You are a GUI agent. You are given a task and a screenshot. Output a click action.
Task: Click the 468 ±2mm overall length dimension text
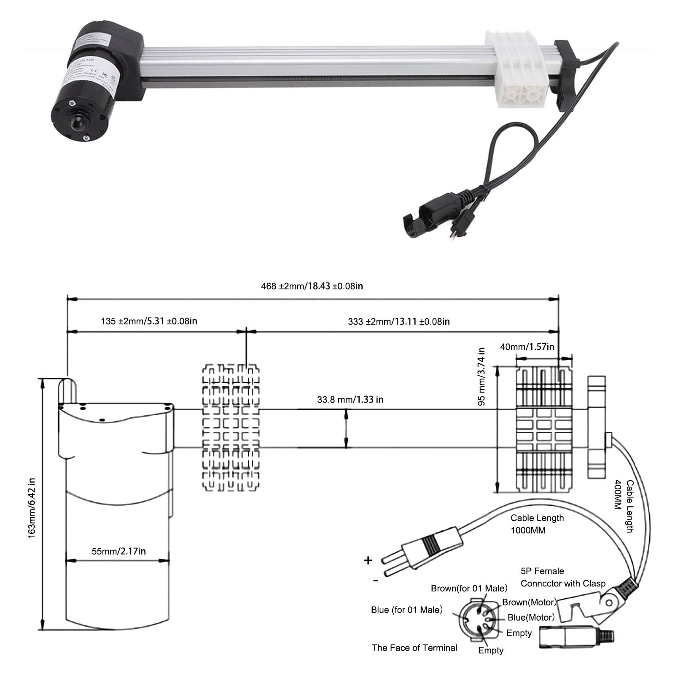[x=312, y=286]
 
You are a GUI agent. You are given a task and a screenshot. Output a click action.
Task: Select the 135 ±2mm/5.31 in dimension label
[x=149, y=321]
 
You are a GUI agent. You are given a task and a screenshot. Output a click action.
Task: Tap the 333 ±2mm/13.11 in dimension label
[x=398, y=322]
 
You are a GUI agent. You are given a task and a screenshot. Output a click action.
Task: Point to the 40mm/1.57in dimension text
[x=527, y=347]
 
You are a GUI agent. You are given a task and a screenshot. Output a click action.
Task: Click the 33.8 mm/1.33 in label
[x=350, y=399]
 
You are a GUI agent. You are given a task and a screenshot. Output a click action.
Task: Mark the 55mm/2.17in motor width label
[x=118, y=551]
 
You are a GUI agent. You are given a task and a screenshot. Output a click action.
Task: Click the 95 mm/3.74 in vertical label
[x=481, y=376]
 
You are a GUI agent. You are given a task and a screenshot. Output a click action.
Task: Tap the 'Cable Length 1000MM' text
[x=537, y=524]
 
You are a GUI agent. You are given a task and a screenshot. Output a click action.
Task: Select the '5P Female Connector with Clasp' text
[x=562, y=577]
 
